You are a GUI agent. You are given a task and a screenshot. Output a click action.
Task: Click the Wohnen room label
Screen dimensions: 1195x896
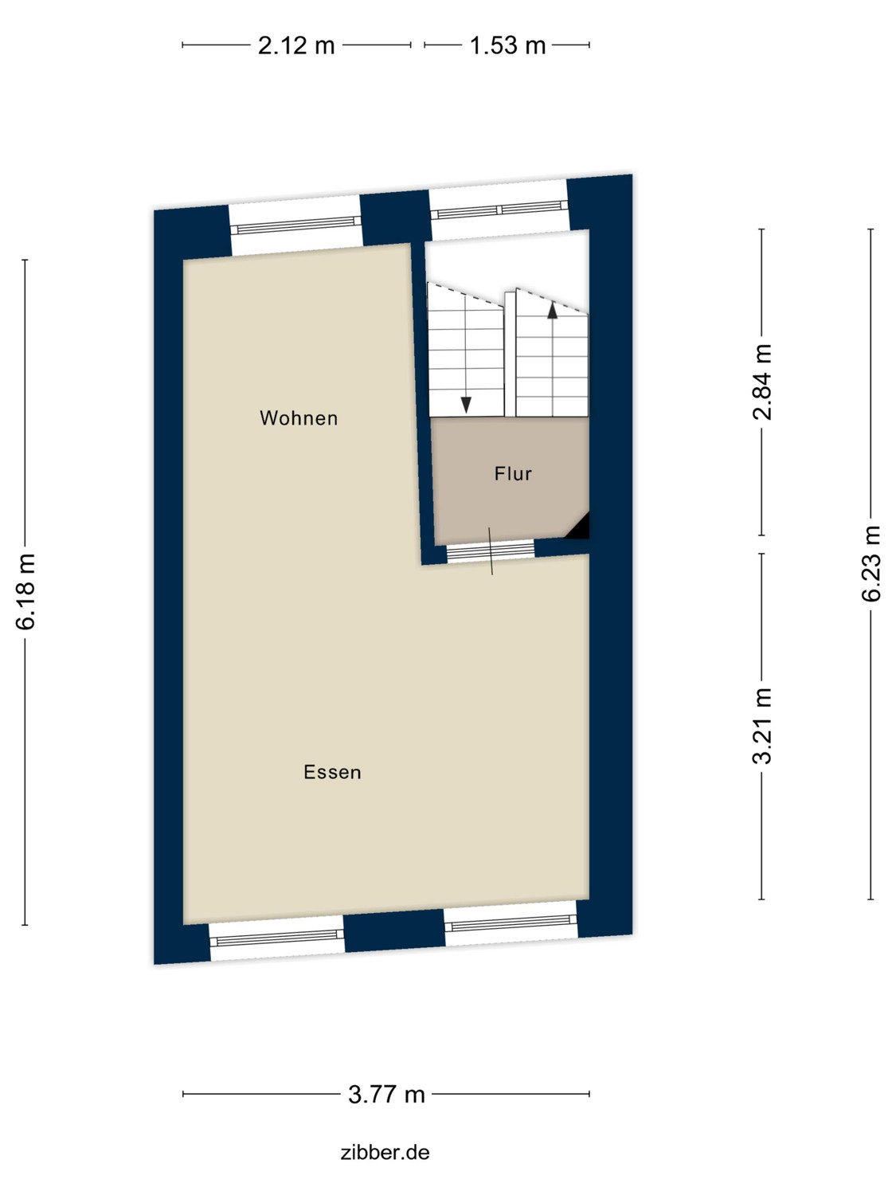tap(299, 418)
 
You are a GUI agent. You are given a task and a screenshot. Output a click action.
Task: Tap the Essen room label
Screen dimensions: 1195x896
tap(332, 772)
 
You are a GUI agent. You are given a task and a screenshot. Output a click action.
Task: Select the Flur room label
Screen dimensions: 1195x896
tap(513, 474)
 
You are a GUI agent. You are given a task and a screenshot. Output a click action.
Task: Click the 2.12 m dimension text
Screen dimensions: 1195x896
tap(296, 45)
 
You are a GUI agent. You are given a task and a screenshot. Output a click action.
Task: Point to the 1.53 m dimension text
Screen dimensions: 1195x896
tap(507, 45)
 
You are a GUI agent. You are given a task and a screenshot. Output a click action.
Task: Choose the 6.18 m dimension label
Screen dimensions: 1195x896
tap(26, 591)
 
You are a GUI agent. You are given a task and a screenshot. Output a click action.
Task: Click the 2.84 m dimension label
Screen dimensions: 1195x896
tap(763, 382)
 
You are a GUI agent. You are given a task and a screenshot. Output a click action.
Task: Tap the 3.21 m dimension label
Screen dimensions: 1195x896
tap(763, 725)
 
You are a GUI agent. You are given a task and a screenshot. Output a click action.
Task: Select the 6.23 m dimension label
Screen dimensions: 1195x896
tap(871, 563)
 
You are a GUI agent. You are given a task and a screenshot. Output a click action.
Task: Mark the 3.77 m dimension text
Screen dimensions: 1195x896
tap(386, 1095)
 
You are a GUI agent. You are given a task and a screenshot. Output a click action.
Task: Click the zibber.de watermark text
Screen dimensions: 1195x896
tap(385, 1152)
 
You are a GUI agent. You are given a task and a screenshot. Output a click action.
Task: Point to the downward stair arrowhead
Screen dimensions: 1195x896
tap(466, 406)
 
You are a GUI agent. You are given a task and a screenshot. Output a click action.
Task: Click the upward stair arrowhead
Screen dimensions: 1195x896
tap(552, 311)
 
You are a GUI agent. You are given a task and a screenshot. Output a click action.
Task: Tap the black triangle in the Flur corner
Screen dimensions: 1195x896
tap(579, 527)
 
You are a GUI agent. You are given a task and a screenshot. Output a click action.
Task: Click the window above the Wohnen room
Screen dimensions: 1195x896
tap(295, 225)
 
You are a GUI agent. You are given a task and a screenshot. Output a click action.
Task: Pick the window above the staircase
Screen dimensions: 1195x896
tap(499, 210)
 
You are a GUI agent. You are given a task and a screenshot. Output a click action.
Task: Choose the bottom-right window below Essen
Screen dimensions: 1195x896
tap(511, 925)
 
